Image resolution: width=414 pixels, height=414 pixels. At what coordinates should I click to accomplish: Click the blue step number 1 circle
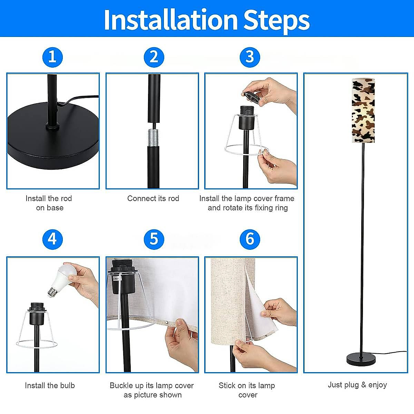pos(53,57)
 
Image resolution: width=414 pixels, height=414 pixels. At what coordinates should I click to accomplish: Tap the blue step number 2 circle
pos(154,57)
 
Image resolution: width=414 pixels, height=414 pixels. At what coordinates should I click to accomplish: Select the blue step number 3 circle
pos(250,57)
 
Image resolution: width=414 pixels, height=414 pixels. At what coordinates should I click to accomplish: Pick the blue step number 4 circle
pos(53,239)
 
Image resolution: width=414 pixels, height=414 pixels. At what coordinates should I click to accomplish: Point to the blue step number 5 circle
pos(154,239)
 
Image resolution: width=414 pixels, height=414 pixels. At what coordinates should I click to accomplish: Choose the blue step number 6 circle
pos(250,239)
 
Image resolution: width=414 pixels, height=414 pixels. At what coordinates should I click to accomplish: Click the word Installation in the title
pos(171,19)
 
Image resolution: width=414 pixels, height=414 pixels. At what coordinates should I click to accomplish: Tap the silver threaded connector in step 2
pos(154,138)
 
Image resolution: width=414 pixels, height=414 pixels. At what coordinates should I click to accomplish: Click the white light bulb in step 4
pos(61,280)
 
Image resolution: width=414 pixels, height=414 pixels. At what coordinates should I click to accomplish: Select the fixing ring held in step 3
pos(251,98)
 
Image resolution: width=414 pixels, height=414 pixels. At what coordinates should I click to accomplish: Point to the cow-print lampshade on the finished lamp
pos(363,110)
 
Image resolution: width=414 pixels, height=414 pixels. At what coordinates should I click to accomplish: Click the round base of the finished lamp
pos(361,359)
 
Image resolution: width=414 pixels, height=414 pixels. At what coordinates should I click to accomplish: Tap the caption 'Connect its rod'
pos(153,198)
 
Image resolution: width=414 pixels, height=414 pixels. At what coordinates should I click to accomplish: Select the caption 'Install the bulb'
pos(50,385)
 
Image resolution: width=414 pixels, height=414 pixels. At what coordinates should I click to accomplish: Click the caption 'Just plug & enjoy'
pos(357,385)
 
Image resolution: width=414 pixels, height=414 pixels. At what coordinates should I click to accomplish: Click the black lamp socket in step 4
pos(37,314)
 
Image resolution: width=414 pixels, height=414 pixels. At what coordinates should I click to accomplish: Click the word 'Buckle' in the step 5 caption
pos(121,385)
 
